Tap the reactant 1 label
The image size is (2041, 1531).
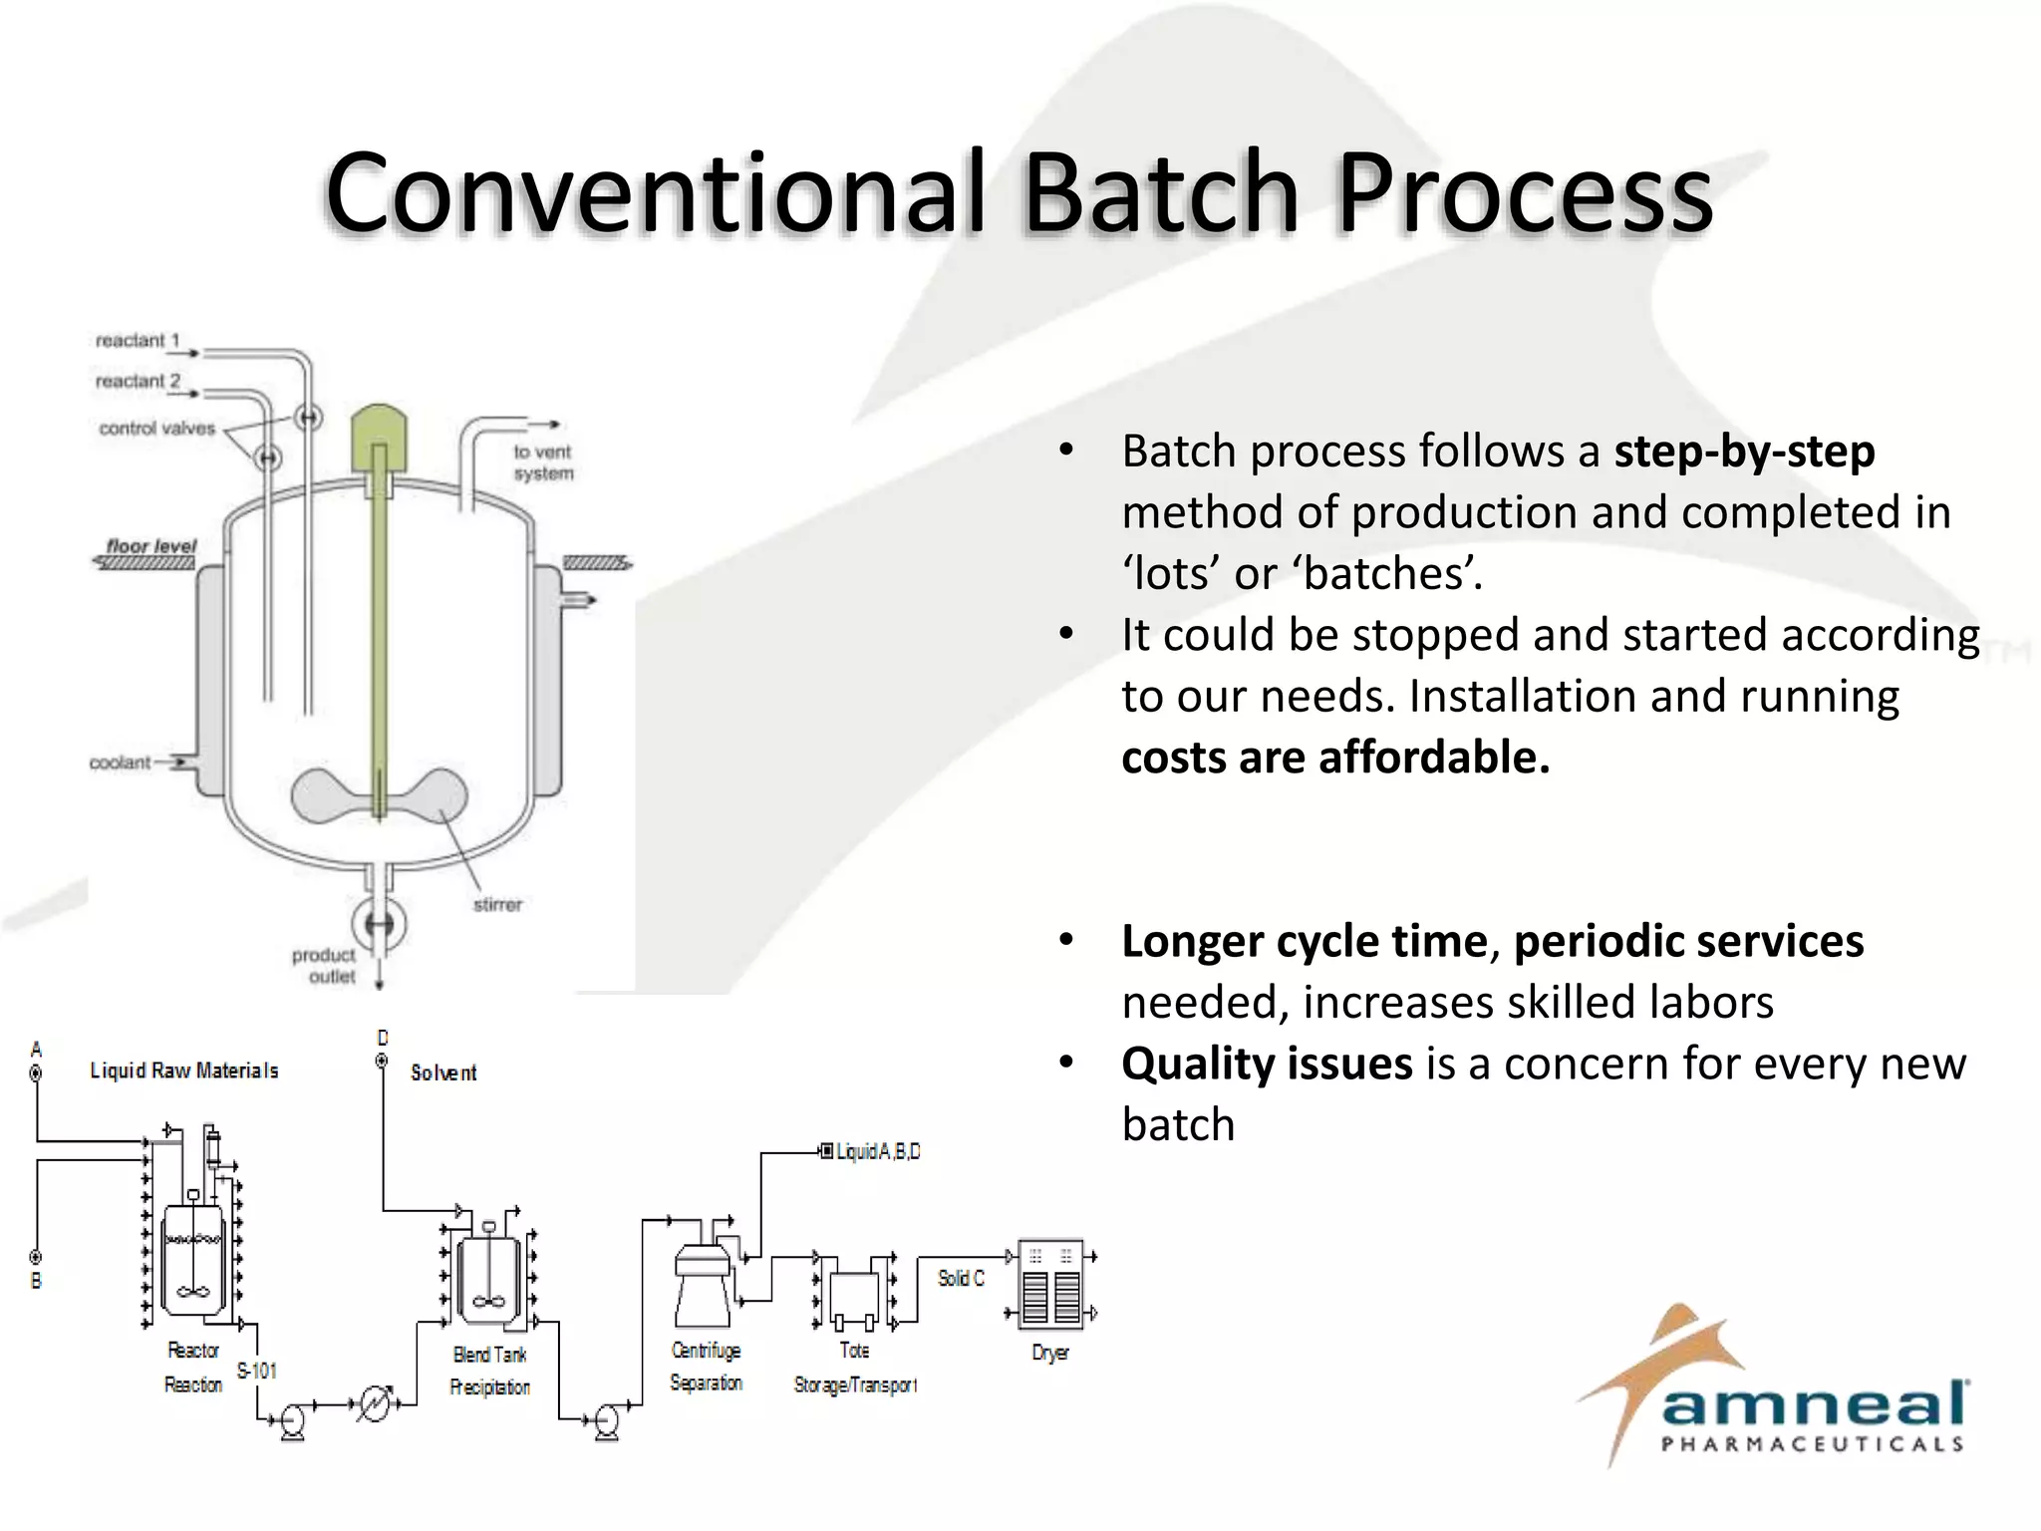tap(138, 341)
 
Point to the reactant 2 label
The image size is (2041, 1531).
tap(138, 382)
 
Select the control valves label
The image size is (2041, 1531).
tap(156, 429)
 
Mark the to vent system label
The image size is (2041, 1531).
tap(543, 462)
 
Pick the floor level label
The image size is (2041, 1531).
tap(151, 546)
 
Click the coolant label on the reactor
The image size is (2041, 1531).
tap(120, 763)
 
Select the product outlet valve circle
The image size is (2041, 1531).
tap(380, 924)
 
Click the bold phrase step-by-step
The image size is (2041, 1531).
tap(1744, 452)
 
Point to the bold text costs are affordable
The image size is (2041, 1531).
tap(1335, 758)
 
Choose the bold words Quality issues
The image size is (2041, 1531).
tap(1267, 1064)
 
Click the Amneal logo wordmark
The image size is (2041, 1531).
tap(1814, 1405)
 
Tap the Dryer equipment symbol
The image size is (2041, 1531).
tap(1051, 1286)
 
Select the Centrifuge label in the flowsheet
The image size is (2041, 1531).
tap(706, 1351)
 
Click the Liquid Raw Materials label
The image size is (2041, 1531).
tap(184, 1071)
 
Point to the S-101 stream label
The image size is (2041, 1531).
tap(256, 1372)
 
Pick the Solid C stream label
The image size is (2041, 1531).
tap(961, 1279)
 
